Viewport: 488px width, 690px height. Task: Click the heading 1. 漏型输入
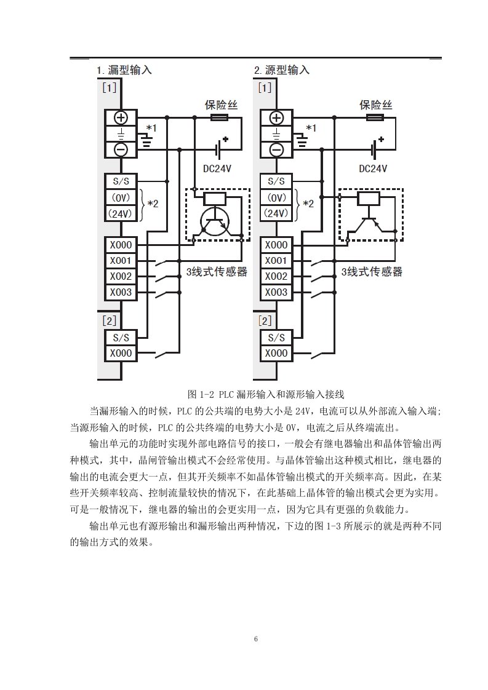pyautogui.click(x=124, y=70)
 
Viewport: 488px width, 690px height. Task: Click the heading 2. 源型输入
pyautogui.click(x=281, y=70)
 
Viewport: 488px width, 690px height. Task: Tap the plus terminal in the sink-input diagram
pyautogui.click(x=121, y=118)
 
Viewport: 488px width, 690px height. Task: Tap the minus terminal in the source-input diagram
pyautogui.click(x=276, y=150)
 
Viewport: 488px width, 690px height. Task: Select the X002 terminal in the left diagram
pyautogui.click(x=121, y=276)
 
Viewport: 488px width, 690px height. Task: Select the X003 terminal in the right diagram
pyautogui.click(x=276, y=292)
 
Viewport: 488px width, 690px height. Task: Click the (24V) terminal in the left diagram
pyautogui.click(x=121, y=214)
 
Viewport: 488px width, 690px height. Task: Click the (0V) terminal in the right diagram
pyautogui.click(x=276, y=198)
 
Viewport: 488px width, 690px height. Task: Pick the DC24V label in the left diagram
pyautogui.click(x=217, y=169)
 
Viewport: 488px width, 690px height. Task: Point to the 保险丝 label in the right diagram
pyautogui.click(x=375, y=105)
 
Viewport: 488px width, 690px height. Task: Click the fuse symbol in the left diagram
pyautogui.click(x=219, y=117)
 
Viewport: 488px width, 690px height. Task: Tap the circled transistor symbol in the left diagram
pyautogui.click(x=213, y=221)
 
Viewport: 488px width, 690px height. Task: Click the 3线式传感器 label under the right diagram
pyautogui.click(x=372, y=272)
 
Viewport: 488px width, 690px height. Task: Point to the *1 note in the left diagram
pyautogui.click(x=151, y=128)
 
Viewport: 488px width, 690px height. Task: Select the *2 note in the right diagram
pyautogui.click(x=308, y=204)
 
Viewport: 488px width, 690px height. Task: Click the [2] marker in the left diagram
pyautogui.click(x=109, y=321)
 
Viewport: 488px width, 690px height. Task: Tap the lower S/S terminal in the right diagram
pyautogui.click(x=276, y=338)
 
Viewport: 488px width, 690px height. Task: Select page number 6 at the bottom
pyautogui.click(x=256, y=639)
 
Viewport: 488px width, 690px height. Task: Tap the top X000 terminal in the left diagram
pyautogui.click(x=121, y=245)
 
